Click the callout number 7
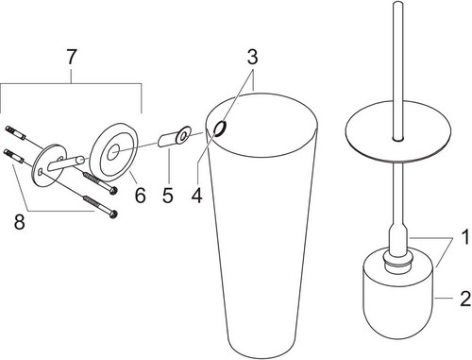pyautogui.click(x=72, y=58)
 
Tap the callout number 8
pyautogui.click(x=20, y=222)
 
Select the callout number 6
pyautogui.click(x=141, y=195)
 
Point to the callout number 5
pyautogui.click(x=168, y=195)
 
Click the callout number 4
pyautogui.click(x=196, y=195)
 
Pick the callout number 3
pyautogui.click(x=252, y=57)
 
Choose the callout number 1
pyautogui.click(x=465, y=237)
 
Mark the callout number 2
pyautogui.click(x=465, y=299)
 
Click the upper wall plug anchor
pyautogui.click(x=15, y=132)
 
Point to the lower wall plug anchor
pyautogui.click(x=13, y=157)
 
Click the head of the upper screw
pyautogui.click(x=113, y=191)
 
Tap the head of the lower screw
pyautogui.click(x=113, y=214)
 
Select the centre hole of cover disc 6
pyautogui.click(x=112, y=152)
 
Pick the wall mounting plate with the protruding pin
pyautogui.click(x=50, y=164)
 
